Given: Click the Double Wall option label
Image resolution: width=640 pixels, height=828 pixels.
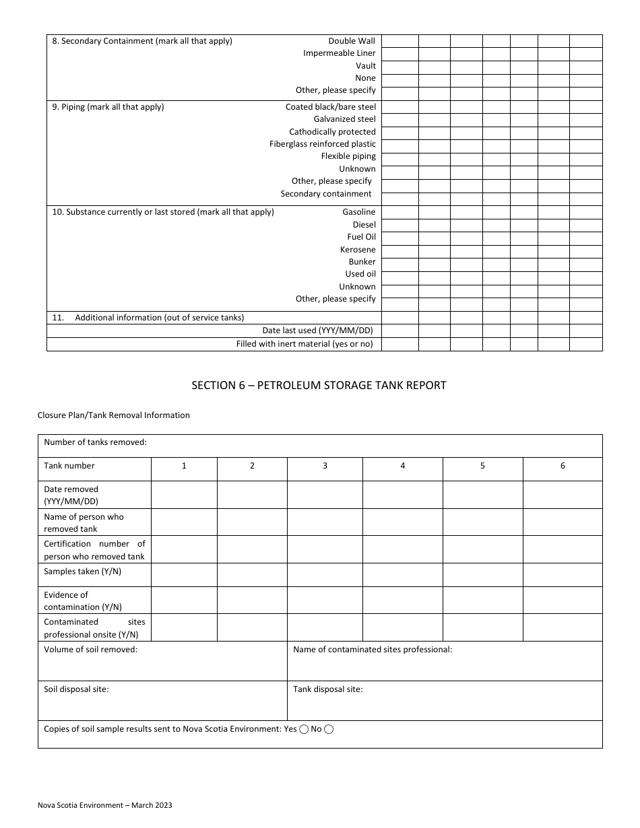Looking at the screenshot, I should (352, 41).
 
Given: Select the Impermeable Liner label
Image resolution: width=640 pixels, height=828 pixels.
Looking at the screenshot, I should (339, 53).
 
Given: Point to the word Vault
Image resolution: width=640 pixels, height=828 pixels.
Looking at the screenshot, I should (366, 66).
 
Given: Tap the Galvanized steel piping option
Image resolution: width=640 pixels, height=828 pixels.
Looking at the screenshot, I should (344, 119).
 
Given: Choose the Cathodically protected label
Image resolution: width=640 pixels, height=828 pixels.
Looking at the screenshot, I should (332, 132).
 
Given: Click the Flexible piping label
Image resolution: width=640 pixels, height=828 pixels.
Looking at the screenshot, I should (348, 156).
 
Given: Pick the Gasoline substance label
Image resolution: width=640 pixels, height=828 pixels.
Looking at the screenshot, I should (358, 212).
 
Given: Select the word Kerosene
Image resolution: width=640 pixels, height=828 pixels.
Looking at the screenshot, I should (358, 250).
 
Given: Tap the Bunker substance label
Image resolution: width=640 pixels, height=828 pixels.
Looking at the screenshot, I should (362, 262).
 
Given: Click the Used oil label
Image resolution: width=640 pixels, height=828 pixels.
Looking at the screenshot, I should (360, 274).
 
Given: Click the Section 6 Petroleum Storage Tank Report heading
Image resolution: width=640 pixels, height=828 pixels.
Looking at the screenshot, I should (319, 386).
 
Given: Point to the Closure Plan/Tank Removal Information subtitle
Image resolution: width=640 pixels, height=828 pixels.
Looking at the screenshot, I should (114, 415).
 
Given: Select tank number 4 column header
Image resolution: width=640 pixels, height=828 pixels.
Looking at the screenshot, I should (403, 466).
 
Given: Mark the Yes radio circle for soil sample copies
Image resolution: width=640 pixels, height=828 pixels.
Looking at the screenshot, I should (304, 729).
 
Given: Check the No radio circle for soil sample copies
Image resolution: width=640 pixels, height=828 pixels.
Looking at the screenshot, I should (329, 729).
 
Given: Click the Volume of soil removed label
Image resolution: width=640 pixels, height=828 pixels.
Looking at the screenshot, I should (90, 650).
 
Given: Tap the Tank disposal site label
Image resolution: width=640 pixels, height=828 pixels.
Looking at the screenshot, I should (327, 689).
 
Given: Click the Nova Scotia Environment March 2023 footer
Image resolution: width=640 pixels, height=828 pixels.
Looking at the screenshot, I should (104, 805).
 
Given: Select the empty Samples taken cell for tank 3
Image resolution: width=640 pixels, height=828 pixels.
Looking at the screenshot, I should (325, 574).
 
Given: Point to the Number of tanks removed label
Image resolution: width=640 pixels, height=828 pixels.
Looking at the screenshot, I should (95, 442).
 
